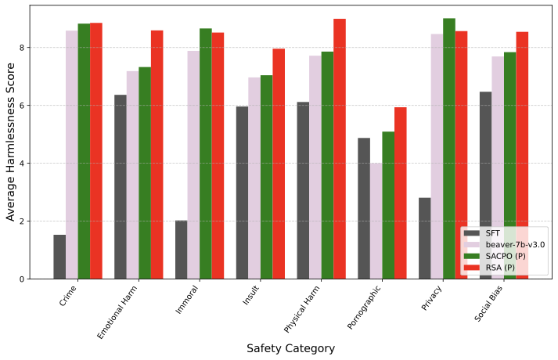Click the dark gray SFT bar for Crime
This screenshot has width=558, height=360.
point(59,257)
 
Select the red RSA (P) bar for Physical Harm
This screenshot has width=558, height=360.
point(339,149)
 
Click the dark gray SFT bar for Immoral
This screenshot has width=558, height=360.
point(181,250)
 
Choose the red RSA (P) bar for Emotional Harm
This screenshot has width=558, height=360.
point(157,154)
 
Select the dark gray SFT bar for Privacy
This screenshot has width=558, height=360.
point(424,238)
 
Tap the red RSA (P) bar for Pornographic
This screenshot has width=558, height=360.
point(400,193)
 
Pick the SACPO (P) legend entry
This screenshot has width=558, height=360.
point(504,256)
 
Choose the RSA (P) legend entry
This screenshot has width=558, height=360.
point(500,268)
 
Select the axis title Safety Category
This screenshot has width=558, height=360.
point(290,348)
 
